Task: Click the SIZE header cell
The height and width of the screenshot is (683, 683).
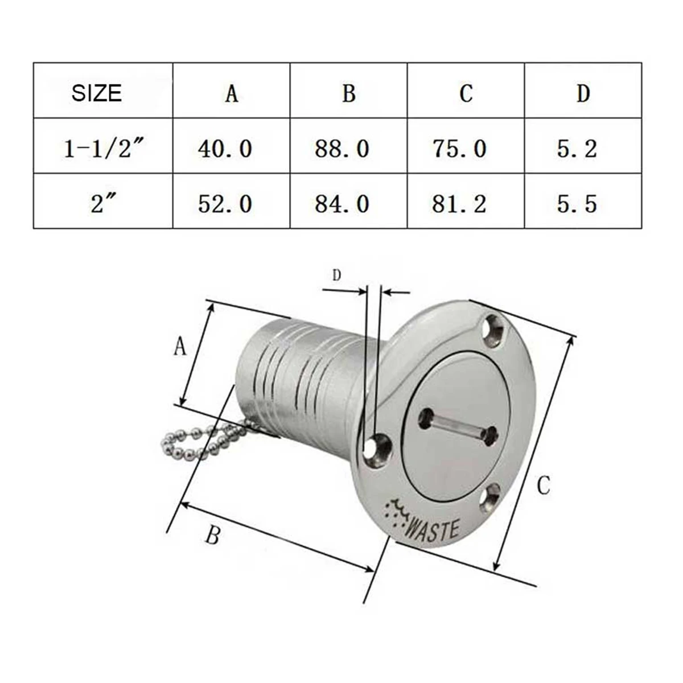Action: pos(97,93)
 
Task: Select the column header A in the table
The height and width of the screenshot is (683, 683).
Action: pos(231,93)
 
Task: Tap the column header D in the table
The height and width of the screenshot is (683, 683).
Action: pos(583,93)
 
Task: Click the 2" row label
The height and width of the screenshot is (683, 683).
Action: pos(100,204)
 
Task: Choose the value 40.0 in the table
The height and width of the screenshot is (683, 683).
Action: pos(225,149)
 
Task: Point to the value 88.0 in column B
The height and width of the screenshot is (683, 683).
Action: pos(342,149)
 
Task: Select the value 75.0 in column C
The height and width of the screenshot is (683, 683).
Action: pos(459,149)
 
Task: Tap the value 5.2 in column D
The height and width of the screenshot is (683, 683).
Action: pos(577,149)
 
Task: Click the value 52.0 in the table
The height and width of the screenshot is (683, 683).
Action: pos(225,204)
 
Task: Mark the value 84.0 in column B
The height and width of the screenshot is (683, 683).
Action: pos(342,204)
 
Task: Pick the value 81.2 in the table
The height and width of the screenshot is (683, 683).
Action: pos(459,204)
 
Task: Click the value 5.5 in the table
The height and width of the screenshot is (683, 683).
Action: pos(577,204)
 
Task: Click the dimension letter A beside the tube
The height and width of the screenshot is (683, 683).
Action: pos(180,345)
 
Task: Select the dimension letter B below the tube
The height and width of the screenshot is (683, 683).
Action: pos(212,535)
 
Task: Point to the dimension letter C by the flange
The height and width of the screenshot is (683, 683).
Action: pos(544,485)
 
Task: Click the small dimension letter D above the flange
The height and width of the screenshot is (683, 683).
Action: pos(336,275)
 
